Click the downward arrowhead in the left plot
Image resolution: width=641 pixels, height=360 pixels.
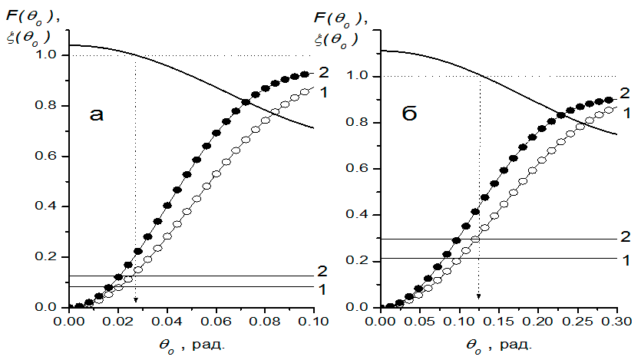point(136,300)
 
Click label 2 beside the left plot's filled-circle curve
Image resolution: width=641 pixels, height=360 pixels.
point(323,72)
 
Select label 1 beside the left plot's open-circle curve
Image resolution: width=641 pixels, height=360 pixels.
point(323,92)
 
